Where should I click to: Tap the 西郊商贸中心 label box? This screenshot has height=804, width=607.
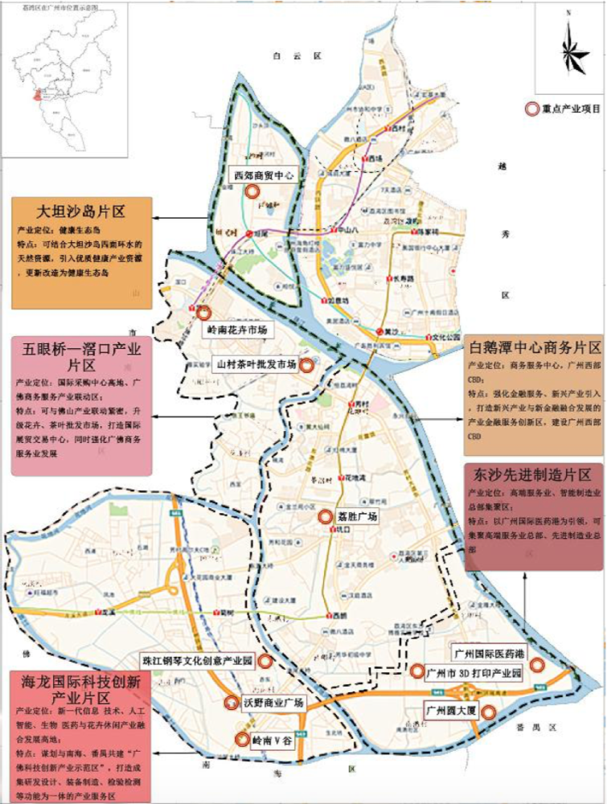tap(261, 175)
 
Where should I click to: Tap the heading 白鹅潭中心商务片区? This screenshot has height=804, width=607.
tap(533, 347)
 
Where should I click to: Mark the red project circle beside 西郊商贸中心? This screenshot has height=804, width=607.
tap(252, 191)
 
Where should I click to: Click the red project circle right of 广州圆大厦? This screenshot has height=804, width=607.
tap(487, 711)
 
